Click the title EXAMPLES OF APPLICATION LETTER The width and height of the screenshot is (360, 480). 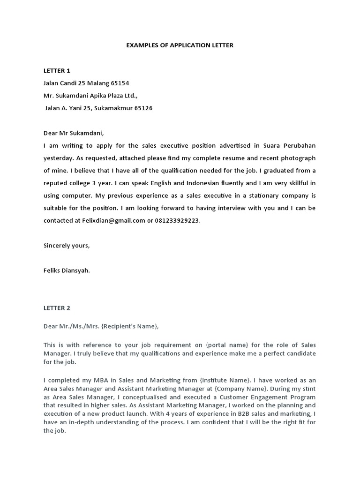[x=180, y=45]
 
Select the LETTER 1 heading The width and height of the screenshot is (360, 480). [x=57, y=71]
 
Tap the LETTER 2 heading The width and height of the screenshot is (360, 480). [x=57, y=308]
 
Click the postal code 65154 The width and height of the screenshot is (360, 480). [x=120, y=83]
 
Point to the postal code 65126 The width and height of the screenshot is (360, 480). [x=143, y=108]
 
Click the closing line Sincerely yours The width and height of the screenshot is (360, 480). [x=66, y=245]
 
